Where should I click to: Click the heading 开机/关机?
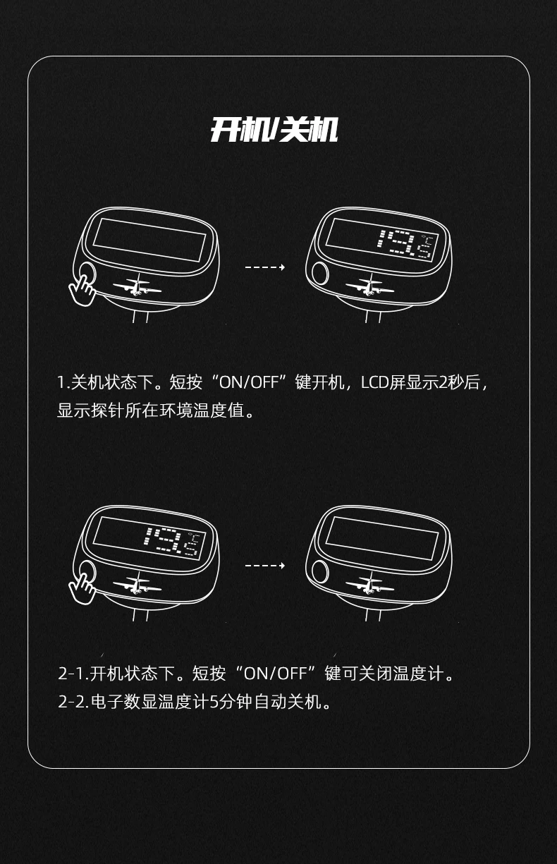pos(274,130)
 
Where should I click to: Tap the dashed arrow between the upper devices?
pos(265,267)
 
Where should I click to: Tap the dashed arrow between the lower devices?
pos(265,566)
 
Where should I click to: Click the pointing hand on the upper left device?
pos(82,290)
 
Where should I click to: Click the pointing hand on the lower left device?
pos(82,589)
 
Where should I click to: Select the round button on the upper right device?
pos(320,273)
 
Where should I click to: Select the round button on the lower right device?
pos(320,571)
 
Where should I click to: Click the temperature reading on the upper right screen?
pos(406,244)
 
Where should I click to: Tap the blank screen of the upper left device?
pos(149,240)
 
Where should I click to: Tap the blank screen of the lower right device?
pos(382,538)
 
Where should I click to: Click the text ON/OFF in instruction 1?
pos(249,382)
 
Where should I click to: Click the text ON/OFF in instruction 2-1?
pos(276,674)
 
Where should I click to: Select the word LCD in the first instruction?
pos(374,382)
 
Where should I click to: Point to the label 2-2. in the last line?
pos(73,702)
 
